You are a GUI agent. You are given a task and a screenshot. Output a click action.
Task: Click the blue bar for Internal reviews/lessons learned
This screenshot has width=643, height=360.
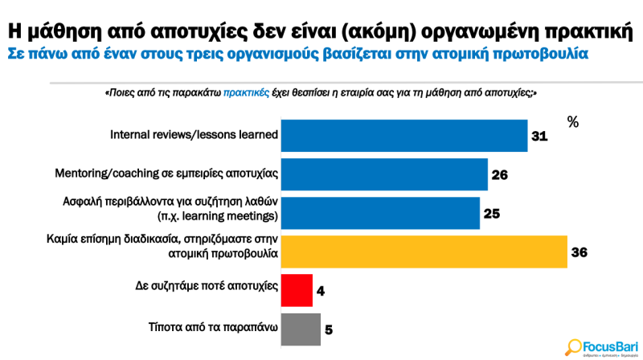(x=404, y=135)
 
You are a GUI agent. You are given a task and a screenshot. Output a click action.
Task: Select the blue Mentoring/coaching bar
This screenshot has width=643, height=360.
(x=384, y=174)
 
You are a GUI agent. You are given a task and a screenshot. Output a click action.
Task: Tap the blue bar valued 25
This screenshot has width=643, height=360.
(x=380, y=212)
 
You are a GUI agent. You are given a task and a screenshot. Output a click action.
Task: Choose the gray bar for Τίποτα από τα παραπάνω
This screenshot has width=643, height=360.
(x=300, y=329)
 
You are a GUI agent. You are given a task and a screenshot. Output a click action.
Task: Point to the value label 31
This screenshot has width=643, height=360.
(x=539, y=137)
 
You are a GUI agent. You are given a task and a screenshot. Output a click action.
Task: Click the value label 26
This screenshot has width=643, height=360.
(x=500, y=174)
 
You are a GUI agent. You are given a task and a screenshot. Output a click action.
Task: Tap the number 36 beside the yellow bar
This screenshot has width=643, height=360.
(x=579, y=252)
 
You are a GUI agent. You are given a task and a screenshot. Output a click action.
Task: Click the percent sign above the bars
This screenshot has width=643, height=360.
(x=573, y=121)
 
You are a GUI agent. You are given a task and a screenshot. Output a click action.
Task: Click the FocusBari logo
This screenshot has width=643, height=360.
(x=601, y=343)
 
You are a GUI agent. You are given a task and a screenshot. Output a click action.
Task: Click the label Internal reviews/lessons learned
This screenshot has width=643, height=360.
(x=194, y=135)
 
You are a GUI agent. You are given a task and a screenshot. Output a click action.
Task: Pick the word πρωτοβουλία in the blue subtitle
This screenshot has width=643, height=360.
(x=539, y=54)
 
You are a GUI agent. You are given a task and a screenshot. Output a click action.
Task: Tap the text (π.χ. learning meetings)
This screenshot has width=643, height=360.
(x=217, y=217)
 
